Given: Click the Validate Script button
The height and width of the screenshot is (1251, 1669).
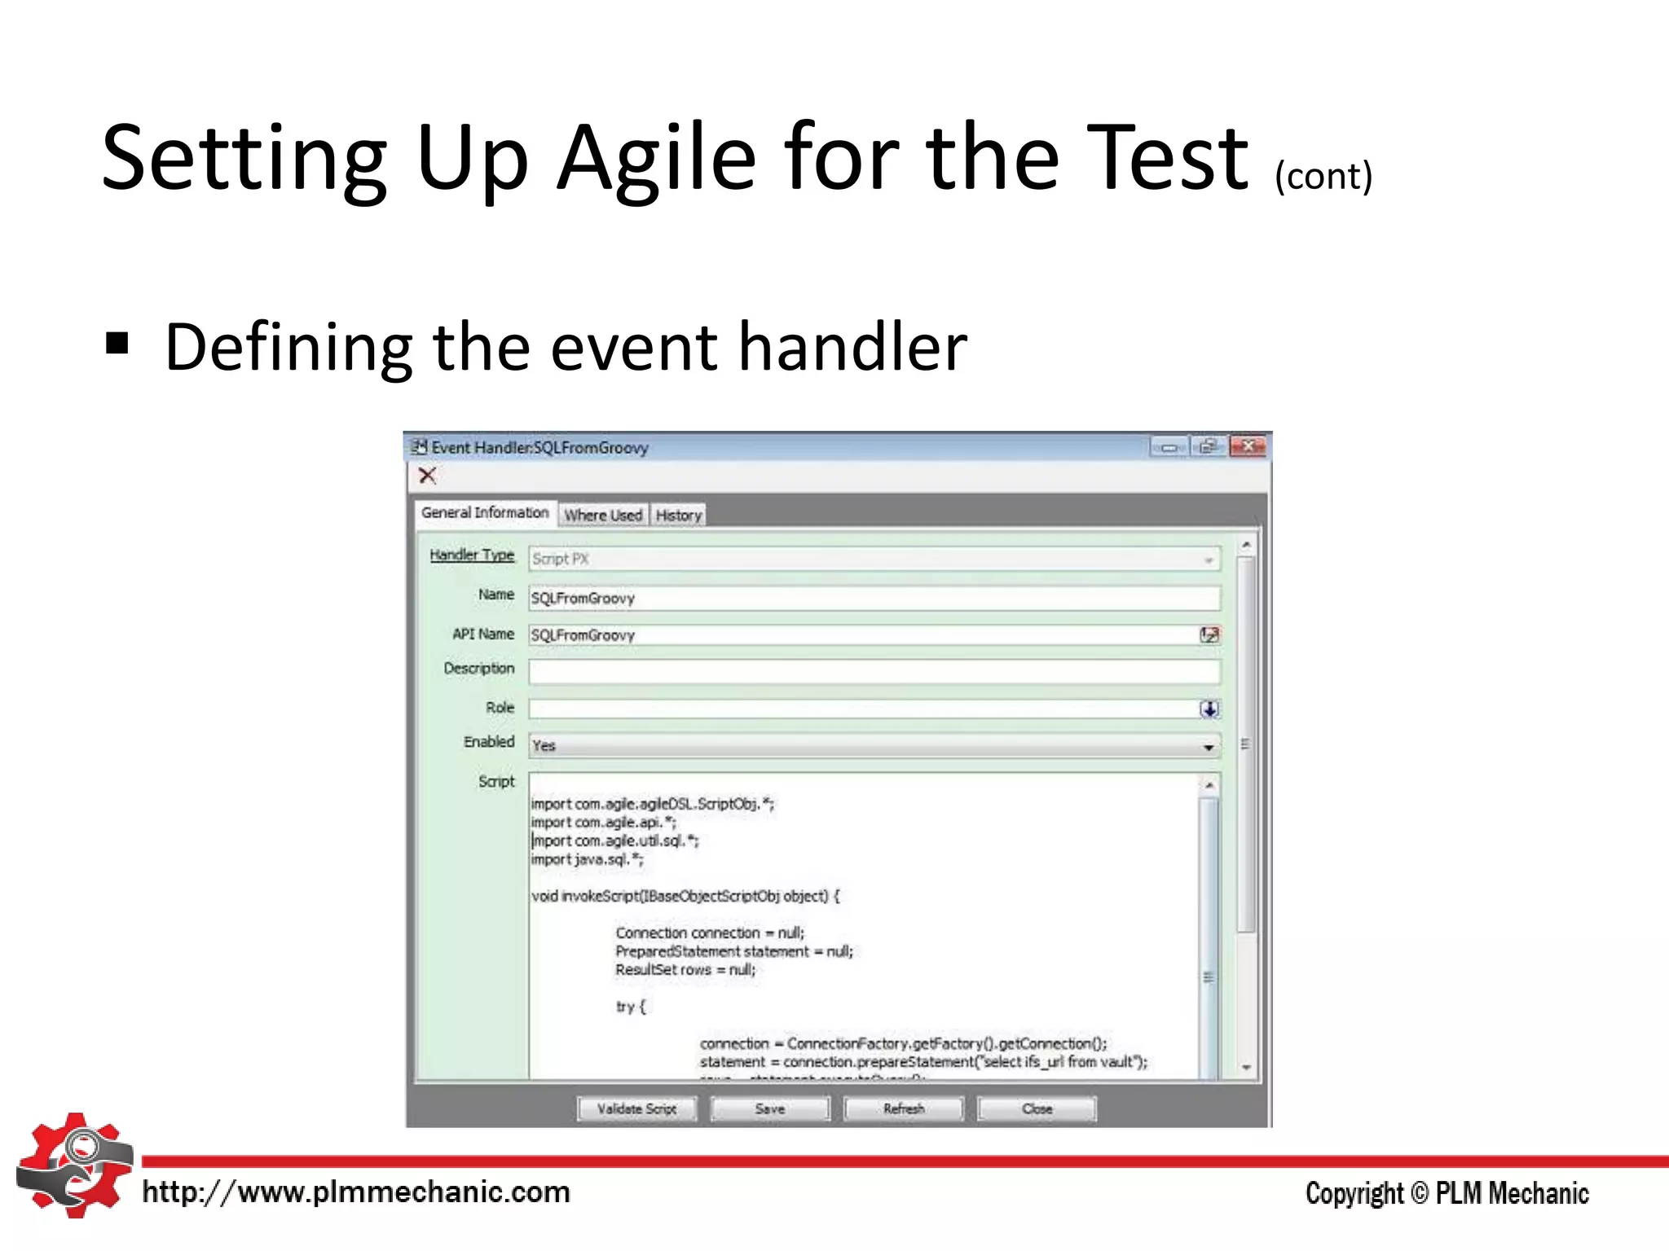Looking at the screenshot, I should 636,1108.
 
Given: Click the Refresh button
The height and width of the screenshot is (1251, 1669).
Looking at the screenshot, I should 903,1108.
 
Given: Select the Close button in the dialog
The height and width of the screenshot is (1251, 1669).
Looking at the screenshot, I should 1037,1108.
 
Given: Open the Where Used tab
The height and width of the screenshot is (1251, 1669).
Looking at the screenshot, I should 603,516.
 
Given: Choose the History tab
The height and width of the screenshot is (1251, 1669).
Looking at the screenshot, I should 678,516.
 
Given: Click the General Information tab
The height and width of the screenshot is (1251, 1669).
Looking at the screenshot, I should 485,513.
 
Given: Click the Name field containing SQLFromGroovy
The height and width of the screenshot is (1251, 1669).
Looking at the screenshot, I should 874,599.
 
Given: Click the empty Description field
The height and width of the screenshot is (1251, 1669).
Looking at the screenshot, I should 874,671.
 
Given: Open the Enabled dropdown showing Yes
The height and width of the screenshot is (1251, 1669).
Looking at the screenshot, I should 874,745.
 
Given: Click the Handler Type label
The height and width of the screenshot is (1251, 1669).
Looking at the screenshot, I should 472,555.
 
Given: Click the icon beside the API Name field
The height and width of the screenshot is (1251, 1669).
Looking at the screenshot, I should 1209,635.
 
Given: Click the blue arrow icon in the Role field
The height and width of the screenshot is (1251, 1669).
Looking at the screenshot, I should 1209,709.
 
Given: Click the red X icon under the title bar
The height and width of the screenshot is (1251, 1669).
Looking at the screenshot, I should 427,476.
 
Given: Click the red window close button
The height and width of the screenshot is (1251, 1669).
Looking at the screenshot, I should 1248,447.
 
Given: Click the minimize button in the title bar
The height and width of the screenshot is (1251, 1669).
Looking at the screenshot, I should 1169,447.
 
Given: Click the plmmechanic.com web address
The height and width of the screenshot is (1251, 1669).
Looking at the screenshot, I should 356,1192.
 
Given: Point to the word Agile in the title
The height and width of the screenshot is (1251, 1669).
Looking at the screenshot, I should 656,158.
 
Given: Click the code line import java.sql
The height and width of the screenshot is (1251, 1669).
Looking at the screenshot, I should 588,860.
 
